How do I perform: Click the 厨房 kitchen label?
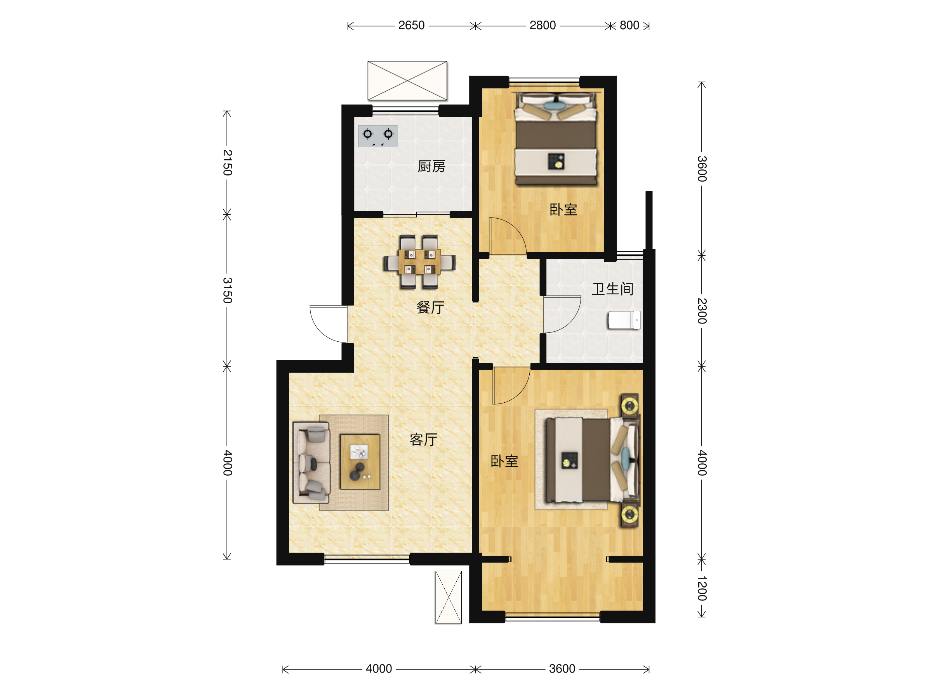tap(431, 167)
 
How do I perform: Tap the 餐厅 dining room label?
tap(430, 307)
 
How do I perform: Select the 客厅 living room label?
tap(423, 440)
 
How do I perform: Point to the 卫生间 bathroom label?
tap(613, 289)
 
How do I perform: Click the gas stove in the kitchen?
tap(377, 136)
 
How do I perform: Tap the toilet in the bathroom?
tap(624, 320)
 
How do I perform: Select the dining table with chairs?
tap(419, 262)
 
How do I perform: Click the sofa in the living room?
tap(311, 463)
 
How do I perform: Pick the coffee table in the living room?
tap(360, 462)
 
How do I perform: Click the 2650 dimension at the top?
tap(411, 25)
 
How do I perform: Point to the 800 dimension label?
tap(629, 25)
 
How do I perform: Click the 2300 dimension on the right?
tap(702, 311)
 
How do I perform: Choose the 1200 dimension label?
tap(702, 588)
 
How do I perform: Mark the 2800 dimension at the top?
tap(543, 25)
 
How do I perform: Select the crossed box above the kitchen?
tap(407, 80)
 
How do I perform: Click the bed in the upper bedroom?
tap(556, 139)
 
